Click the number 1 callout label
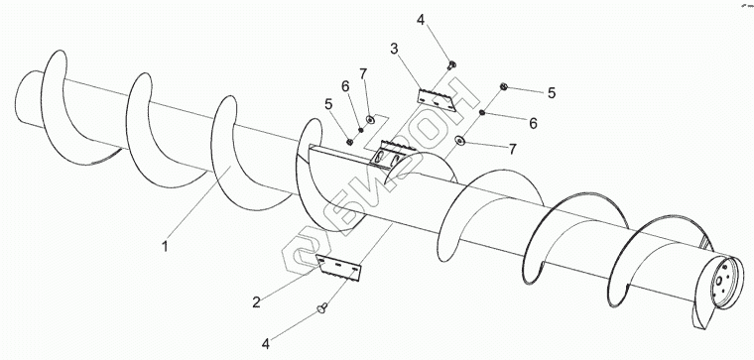tap(165, 247)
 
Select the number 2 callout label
tap(256, 301)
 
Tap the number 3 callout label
tap(394, 49)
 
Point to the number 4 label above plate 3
tap(421, 20)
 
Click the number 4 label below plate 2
tap(266, 344)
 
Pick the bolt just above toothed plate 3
tap(451, 64)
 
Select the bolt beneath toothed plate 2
tap(322, 307)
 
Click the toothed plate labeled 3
tap(437, 99)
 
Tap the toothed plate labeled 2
tap(338, 267)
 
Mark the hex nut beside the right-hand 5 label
tap(503, 86)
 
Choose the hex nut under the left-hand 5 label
tap(350, 142)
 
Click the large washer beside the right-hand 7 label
tap(460, 141)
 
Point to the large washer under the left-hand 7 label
tap(370, 119)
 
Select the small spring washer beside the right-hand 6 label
tap(481, 113)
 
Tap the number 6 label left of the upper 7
tap(345, 86)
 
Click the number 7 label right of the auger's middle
tap(513, 150)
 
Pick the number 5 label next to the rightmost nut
tap(551, 93)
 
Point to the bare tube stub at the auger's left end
tap(28, 98)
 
